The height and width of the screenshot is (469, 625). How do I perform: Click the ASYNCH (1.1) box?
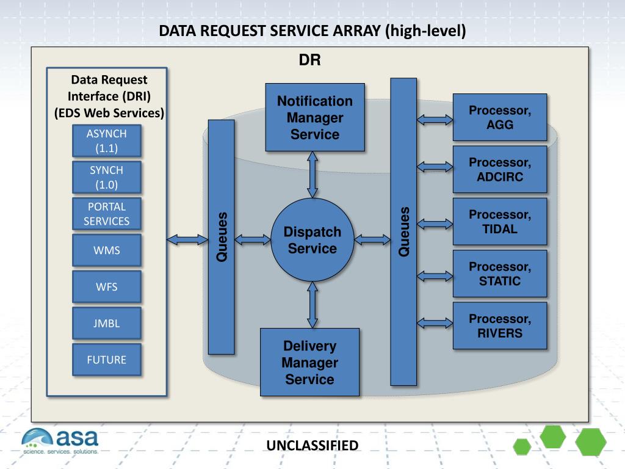click(x=106, y=141)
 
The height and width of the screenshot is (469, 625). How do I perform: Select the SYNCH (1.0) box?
click(x=106, y=177)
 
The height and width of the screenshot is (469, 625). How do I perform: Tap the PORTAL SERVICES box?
click(x=106, y=214)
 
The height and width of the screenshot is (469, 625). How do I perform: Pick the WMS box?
click(x=106, y=250)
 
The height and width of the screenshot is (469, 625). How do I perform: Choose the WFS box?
click(x=106, y=287)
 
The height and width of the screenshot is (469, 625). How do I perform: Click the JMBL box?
click(x=106, y=323)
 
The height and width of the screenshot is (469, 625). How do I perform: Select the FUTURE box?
click(x=106, y=360)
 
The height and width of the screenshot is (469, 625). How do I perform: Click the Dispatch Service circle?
click(x=312, y=239)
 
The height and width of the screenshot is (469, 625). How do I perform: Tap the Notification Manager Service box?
click(x=315, y=117)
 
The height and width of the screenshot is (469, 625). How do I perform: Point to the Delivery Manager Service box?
click(x=309, y=362)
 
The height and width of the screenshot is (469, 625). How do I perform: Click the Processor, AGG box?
click(x=500, y=117)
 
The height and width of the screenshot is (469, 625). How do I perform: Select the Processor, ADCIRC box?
click(x=500, y=170)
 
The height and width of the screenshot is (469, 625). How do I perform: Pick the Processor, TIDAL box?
click(x=500, y=221)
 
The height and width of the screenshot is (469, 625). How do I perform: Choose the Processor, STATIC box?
click(x=500, y=274)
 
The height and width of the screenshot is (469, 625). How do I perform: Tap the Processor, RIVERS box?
click(x=500, y=326)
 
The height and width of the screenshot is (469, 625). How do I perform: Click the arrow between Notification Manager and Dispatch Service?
click(x=312, y=175)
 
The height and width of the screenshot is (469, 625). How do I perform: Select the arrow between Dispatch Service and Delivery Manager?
click(x=312, y=305)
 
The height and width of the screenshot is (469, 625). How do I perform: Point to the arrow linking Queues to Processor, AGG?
click(x=435, y=120)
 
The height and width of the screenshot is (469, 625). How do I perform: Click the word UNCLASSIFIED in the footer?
click(x=312, y=445)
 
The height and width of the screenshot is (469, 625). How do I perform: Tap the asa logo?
click(x=60, y=441)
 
